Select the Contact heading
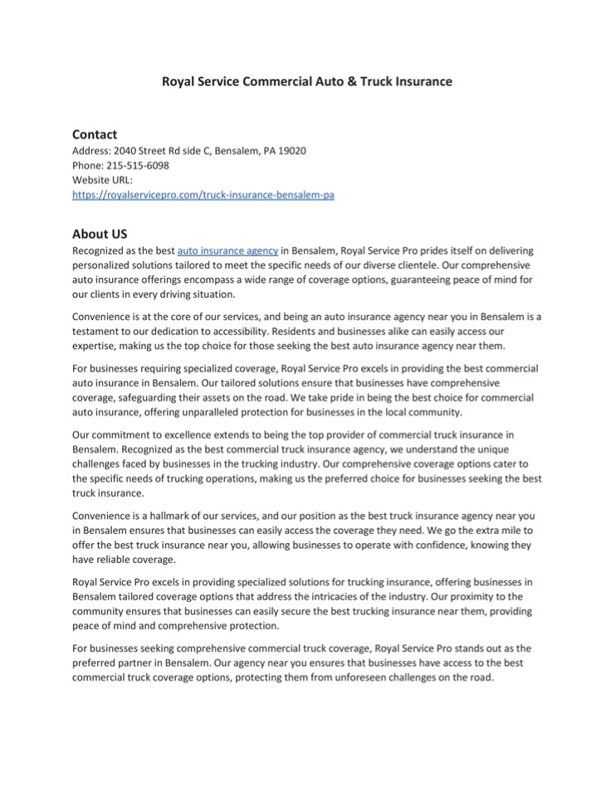pyautogui.click(x=95, y=134)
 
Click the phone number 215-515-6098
pyautogui.click(x=138, y=165)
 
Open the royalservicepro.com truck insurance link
pyautogui.click(x=203, y=194)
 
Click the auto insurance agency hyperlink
pyautogui.click(x=227, y=250)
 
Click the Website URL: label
pyautogui.click(x=102, y=179)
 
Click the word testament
pyautogui.click(x=97, y=331)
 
